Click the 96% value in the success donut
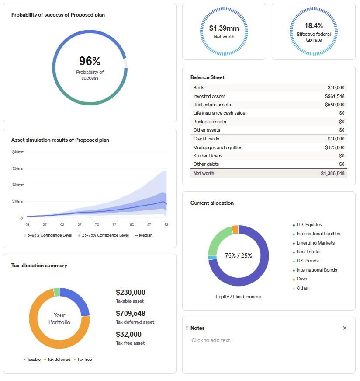90,61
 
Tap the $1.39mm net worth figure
224,28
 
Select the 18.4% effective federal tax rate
313,25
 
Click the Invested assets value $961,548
334,96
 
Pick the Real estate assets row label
212,105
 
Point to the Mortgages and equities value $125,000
334,147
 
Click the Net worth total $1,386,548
332,173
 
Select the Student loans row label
208,156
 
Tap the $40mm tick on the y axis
18,152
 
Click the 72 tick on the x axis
97,224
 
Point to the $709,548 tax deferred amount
130,313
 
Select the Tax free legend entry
84,360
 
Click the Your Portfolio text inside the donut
59,318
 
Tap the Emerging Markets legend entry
315,243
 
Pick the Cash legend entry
301,279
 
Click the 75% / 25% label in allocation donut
238,255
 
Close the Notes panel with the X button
344,328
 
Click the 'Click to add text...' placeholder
212,340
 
